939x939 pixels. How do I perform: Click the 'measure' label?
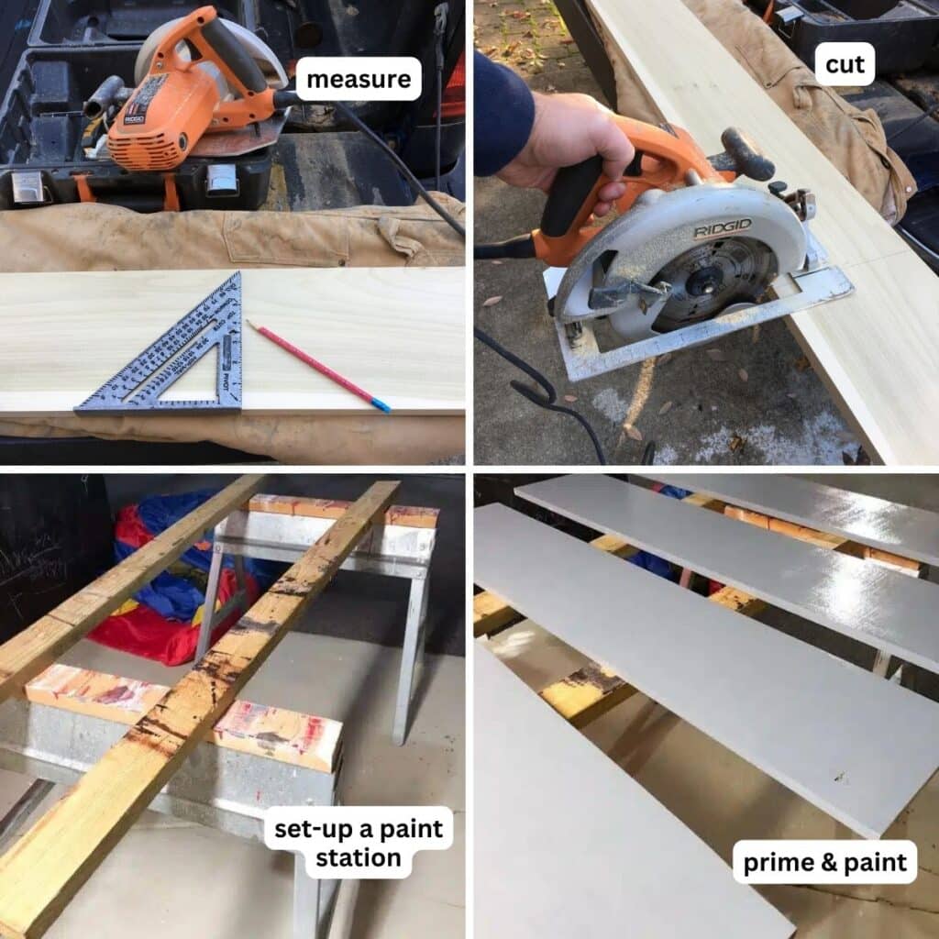pyautogui.click(x=359, y=79)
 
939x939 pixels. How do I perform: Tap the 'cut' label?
pyautogui.click(x=845, y=64)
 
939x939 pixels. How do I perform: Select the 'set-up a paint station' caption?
pyautogui.click(x=359, y=843)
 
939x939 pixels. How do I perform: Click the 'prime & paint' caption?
pyautogui.click(x=823, y=862)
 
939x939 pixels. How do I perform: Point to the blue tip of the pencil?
pyautogui.click(x=381, y=404)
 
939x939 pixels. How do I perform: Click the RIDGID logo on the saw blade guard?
pyautogui.click(x=722, y=228)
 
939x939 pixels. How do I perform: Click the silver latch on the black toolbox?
pyautogui.click(x=223, y=180)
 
